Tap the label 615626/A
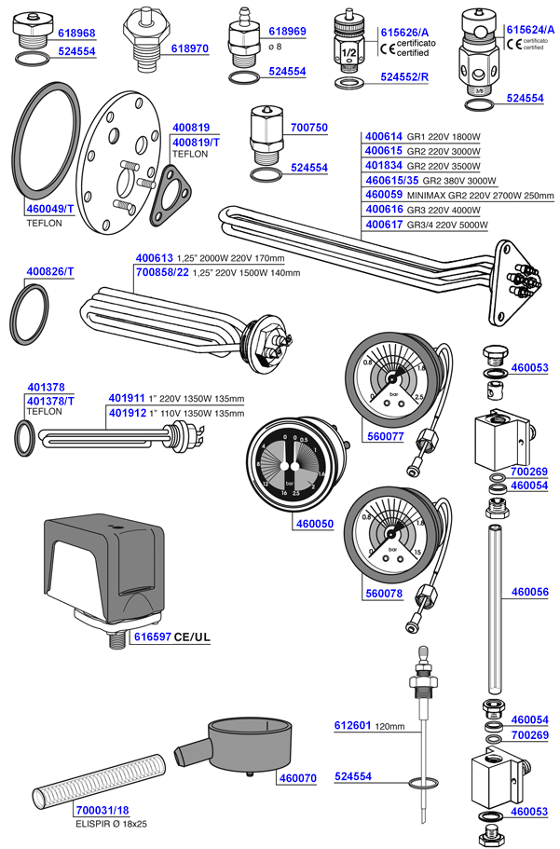(x=404, y=33)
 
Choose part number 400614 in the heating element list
(x=383, y=135)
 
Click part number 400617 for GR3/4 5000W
(x=383, y=225)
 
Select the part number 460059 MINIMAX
(x=383, y=195)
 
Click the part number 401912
(x=129, y=412)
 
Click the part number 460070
(x=297, y=776)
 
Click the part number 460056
(x=530, y=592)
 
